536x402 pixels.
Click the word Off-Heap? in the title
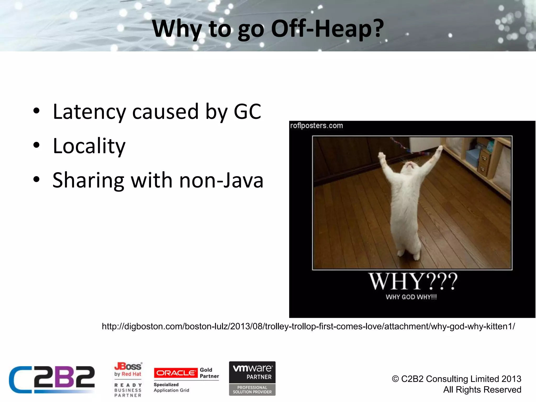[327, 29]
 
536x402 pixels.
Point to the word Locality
[89, 146]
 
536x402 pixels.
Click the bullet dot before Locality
[36, 145]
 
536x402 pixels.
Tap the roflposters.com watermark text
[316, 126]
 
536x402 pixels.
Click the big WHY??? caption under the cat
[413, 281]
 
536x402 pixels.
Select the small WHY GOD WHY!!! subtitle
[411, 297]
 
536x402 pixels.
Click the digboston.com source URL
[308, 326]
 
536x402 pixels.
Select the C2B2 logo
[52, 379]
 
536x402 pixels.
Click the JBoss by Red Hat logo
[128, 370]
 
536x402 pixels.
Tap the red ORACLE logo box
[176, 373]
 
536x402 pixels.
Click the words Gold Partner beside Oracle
[209, 373]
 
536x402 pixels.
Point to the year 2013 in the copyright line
[511, 379]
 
